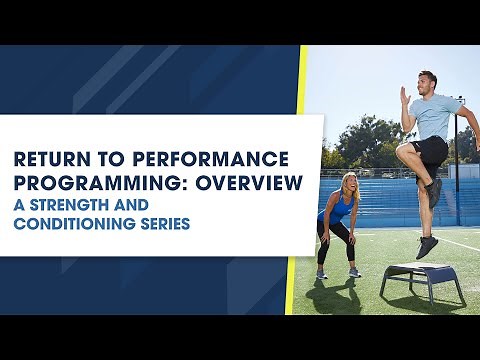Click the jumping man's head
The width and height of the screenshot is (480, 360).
click(428, 81)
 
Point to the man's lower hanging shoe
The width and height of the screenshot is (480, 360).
click(428, 246)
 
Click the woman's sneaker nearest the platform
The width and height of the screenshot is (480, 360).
click(354, 272)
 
